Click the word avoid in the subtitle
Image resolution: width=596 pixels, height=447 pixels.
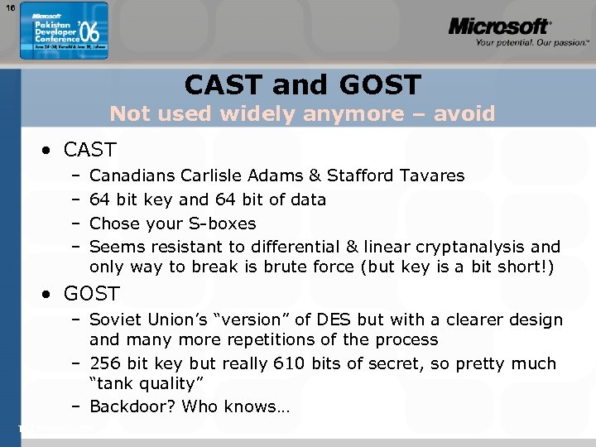coord(467,113)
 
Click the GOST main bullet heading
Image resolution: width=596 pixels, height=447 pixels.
coord(91,294)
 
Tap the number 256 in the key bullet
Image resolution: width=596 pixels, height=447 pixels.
coord(105,363)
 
